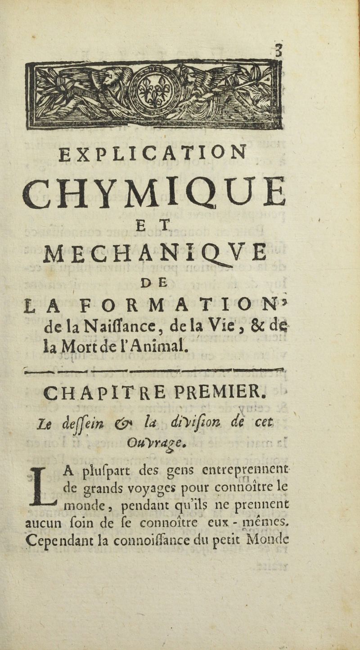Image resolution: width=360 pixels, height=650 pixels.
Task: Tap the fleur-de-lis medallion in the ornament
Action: click(154, 90)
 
